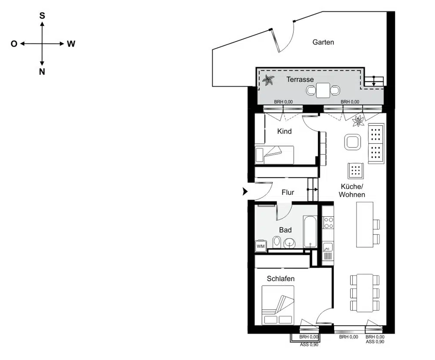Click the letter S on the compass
pos(42,15)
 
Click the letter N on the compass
pos(42,72)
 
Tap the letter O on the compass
pos(14,44)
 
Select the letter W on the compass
pos(71,44)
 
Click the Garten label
pos(323,42)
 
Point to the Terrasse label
pos(300,80)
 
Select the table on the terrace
pos(323,91)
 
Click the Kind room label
pos(284,131)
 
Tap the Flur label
pos(288,192)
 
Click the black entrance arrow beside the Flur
pos(245,191)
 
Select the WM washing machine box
pos(261,246)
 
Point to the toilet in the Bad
pos(276,242)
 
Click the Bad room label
pos(285,230)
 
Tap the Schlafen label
pos(281,279)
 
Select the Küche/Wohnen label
pos(352,191)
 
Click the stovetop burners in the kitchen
pos(328,222)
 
